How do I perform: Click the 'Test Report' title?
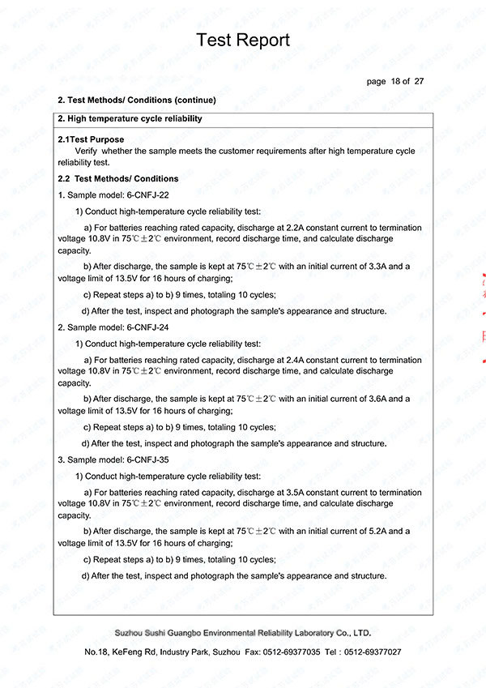(x=243, y=41)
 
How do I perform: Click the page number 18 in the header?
(x=395, y=81)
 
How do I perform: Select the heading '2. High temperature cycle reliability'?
(x=130, y=119)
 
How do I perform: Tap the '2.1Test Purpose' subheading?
(x=92, y=140)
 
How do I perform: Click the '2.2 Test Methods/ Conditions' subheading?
(x=118, y=178)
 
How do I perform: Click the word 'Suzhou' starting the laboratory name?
(x=131, y=632)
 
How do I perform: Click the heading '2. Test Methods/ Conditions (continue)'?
(x=137, y=100)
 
